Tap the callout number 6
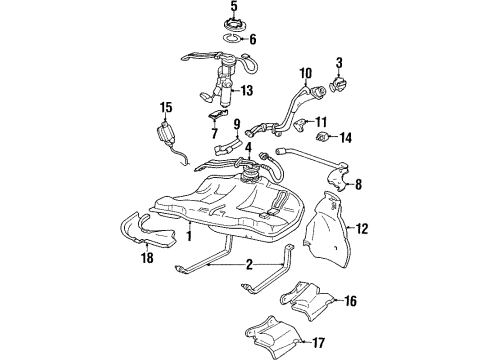pyautogui.click(x=253, y=40)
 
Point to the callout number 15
pyautogui.click(x=166, y=108)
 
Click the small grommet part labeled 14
pyautogui.click(x=322, y=136)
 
